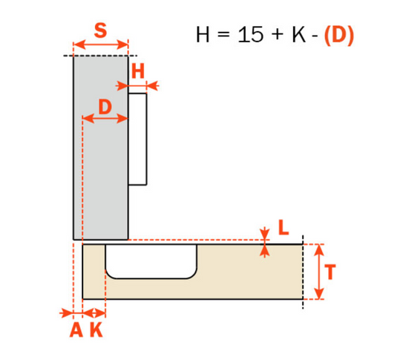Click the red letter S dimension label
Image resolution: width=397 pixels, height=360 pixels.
click(x=101, y=33)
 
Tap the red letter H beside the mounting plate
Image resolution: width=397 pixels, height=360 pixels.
click(x=138, y=71)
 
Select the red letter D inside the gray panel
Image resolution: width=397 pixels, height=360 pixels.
click(x=105, y=106)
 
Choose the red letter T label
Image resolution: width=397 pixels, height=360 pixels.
click(x=332, y=272)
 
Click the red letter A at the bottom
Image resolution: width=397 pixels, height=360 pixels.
click(x=76, y=331)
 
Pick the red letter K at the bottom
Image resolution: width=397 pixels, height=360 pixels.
click(x=96, y=331)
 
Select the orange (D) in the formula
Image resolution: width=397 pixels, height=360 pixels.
click(x=338, y=35)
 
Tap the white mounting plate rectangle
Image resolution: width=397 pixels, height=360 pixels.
click(x=138, y=138)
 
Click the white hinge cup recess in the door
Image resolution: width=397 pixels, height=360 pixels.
click(x=151, y=261)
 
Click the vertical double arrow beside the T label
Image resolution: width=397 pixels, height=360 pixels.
click(x=318, y=272)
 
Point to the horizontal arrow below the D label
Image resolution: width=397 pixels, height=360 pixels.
click(x=105, y=119)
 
